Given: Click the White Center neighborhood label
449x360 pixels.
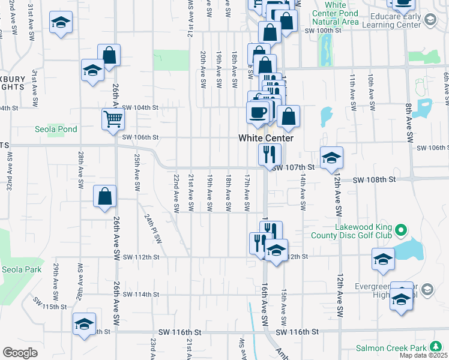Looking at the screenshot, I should pyautogui.click(x=266, y=138).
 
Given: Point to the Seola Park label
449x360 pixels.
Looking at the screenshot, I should pyautogui.click(x=22, y=269).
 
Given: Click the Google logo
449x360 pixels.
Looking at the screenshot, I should pyautogui.click(x=20, y=353).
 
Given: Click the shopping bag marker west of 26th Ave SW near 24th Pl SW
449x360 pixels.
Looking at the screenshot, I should pyautogui.click(x=105, y=196).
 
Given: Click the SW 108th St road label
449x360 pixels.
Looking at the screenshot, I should pyautogui.click(x=375, y=179).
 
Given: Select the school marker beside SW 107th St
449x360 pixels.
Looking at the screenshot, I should pyautogui.click(x=331, y=158).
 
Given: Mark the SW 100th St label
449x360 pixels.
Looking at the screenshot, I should pyautogui.click(x=323, y=30).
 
